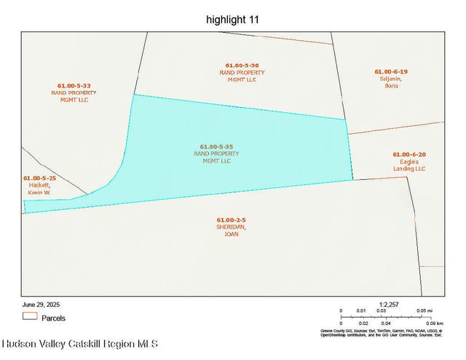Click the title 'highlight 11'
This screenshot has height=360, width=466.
(232, 20)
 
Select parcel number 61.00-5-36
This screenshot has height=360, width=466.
(241, 66)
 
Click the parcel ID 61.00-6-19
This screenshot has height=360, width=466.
(391, 71)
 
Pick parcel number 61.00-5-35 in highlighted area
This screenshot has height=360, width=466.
(216, 146)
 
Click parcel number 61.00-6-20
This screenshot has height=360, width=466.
(408, 154)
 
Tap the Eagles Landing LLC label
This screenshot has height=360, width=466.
(408, 165)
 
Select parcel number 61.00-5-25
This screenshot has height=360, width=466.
(39, 178)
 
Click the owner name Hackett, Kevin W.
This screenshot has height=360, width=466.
(39, 189)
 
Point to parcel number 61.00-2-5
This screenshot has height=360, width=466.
(231, 219)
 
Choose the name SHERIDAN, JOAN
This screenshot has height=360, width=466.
(232, 230)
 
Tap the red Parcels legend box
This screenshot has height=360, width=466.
(29, 317)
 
